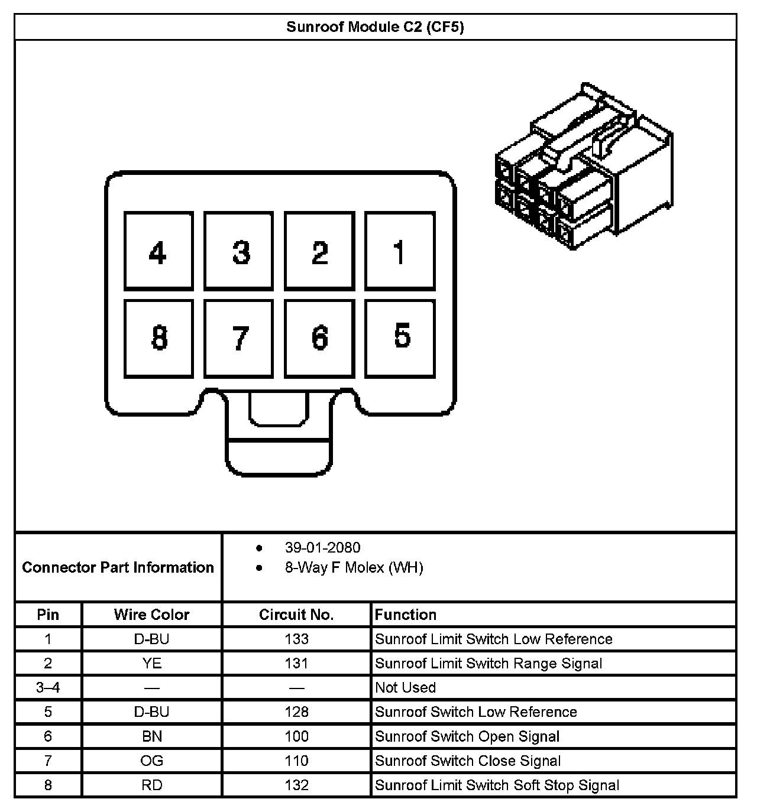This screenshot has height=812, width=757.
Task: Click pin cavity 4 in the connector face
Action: pos(158,251)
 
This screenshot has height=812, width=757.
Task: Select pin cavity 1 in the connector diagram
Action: pos(400,251)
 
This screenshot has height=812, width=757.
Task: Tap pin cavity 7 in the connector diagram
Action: pos(239,339)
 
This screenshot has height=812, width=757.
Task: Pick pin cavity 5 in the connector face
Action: pos(400,339)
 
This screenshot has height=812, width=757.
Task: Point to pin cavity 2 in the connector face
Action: pos(319,251)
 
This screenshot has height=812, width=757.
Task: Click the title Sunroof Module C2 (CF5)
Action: pos(375,27)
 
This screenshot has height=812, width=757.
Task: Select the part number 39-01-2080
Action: pos(322,548)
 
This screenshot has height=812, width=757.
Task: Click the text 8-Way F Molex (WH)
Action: pos(354,568)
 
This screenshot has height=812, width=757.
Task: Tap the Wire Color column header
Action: pos(151,615)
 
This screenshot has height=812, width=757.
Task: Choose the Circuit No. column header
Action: pos(296,615)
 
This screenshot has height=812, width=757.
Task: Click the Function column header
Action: pos(406,615)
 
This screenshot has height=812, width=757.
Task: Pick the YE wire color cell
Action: pos(151,663)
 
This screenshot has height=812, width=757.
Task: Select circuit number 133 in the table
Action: pos(296,639)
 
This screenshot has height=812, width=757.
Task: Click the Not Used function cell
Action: pos(406,687)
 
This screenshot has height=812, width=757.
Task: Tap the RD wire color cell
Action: pos(151,785)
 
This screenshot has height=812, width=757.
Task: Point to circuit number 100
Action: pos(296,736)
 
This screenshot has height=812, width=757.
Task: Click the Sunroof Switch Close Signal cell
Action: pos(468,761)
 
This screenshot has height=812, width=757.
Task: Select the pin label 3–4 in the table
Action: pos(48,687)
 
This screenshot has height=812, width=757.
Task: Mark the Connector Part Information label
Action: pos(118,567)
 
